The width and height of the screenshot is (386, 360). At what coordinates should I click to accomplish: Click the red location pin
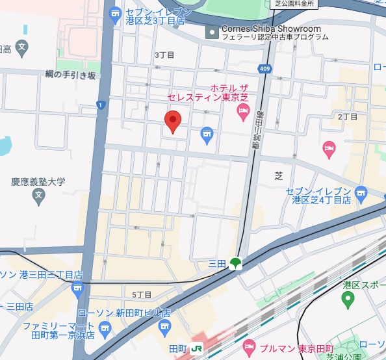[x=172, y=121]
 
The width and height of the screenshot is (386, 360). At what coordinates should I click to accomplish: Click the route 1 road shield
[x=100, y=105]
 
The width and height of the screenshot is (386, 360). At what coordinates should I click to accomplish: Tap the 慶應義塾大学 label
[x=39, y=182]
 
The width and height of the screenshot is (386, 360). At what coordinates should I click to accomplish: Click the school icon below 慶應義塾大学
[x=39, y=194]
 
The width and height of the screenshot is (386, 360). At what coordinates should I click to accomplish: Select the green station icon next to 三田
[x=235, y=263]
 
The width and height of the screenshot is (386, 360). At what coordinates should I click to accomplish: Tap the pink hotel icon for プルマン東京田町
[x=249, y=347]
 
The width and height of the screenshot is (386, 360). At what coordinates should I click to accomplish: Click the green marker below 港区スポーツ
[x=348, y=300]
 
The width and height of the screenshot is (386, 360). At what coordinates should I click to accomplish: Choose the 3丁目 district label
[x=164, y=55]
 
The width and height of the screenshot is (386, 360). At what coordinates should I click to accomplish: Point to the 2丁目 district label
[x=348, y=116]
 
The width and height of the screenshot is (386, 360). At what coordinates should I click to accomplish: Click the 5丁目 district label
[x=142, y=294]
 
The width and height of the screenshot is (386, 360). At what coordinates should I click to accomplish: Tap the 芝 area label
[x=279, y=175]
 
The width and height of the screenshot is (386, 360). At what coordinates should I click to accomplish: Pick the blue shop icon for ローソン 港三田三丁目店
[x=79, y=288]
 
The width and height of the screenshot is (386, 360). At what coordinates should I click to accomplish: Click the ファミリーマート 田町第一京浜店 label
[x=58, y=330]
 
